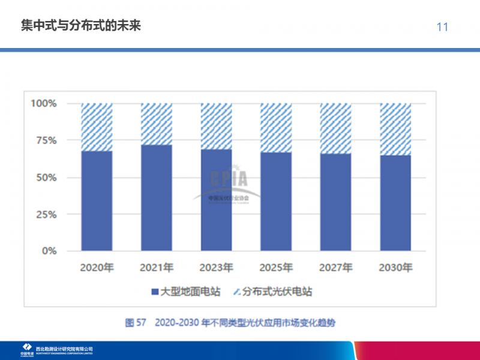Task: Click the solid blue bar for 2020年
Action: tap(97, 201)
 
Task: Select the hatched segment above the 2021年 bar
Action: tap(157, 124)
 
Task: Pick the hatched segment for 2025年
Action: tap(275, 128)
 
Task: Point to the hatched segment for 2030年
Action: tap(395, 129)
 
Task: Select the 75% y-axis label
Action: tap(46, 140)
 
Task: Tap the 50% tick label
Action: tap(46, 178)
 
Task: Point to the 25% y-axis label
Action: tap(46, 214)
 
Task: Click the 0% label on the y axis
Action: tap(49, 251)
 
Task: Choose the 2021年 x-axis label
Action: tap(157, 267)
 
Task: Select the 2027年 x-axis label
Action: tap(335, 267)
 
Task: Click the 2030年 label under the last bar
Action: tap(395, 267)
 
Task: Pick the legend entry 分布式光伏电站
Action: tap(272, 292)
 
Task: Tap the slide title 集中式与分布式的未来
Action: tap(80, 26)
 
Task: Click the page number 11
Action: tap(443, 27)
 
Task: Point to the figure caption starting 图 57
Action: tap(230, 323)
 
